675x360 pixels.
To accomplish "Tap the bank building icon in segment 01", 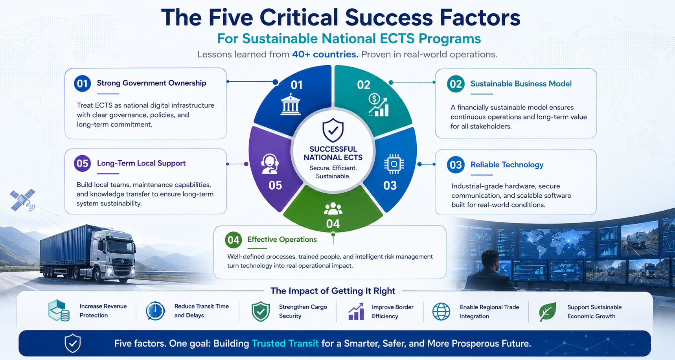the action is pos(291,105).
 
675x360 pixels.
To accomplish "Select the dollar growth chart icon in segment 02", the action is pos(378,105).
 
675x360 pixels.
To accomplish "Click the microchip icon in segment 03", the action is pos(394,164).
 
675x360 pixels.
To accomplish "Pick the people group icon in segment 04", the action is pos(333,208).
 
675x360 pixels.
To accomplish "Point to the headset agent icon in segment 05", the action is pos(270,163).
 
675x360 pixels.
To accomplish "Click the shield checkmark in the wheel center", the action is pos(333,130).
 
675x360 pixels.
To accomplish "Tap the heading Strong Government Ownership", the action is pos(151,83).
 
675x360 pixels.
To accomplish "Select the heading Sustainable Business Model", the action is pos(521,84).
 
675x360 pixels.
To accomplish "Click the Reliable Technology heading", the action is pos(507,165).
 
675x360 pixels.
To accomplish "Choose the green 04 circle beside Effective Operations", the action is pos(234,240).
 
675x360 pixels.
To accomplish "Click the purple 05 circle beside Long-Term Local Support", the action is pos(83,163).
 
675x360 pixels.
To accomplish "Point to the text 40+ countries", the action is pos(325,54).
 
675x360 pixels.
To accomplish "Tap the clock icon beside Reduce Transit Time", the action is pos(155,311).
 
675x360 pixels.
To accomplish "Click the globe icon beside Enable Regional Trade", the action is pos(441,312).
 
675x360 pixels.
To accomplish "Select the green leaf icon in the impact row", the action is pos(548,312).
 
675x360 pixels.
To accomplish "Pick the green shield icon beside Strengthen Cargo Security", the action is pos(261,312).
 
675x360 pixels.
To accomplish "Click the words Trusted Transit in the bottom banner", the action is pos(285,343).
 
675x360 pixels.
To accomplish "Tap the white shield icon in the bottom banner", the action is pos(73,343).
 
